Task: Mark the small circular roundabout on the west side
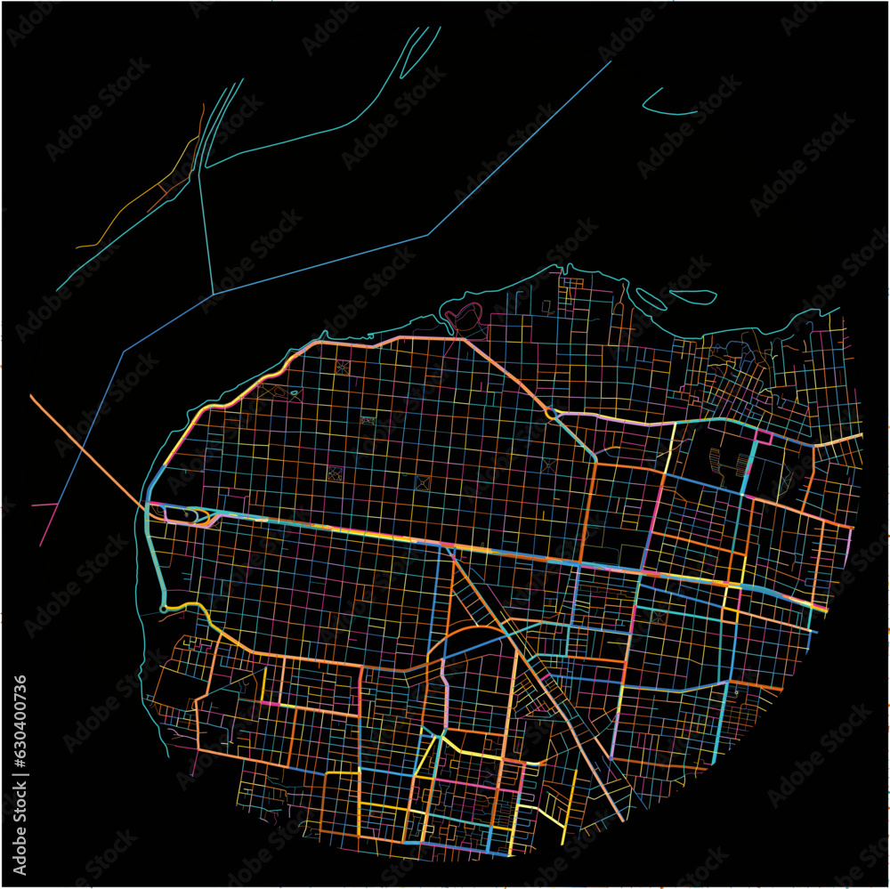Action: tap(164, 609)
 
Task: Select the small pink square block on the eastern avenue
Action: tap(763, 437)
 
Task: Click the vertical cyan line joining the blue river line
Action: tap(206, 231)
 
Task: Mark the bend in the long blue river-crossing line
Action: tap(428, 235)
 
